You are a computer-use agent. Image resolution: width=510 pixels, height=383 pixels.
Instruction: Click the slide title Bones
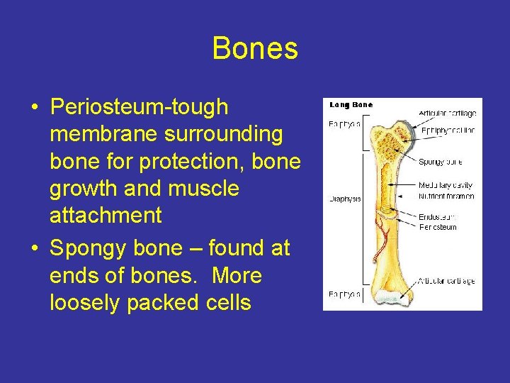(255, 49)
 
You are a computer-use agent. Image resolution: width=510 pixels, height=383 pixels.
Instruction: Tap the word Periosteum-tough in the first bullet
(140, 108)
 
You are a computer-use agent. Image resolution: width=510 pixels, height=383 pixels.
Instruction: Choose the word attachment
(106, 216)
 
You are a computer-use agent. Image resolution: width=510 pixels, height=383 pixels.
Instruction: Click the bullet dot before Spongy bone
(34, 249)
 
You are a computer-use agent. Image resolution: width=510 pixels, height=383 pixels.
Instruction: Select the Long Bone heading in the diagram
(351, 105)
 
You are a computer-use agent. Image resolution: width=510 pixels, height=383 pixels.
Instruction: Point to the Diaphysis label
(344, 199)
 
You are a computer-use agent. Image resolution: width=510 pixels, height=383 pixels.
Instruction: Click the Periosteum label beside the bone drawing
(438, 227)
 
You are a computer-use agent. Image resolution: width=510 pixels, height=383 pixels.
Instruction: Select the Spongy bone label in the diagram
(440, 162)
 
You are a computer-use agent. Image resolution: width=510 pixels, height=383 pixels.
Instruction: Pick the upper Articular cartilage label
(448, 113)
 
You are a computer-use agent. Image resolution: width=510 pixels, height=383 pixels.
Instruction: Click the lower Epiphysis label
(344, 294)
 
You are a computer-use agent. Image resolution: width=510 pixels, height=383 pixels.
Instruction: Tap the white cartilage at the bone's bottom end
(394, 300)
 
